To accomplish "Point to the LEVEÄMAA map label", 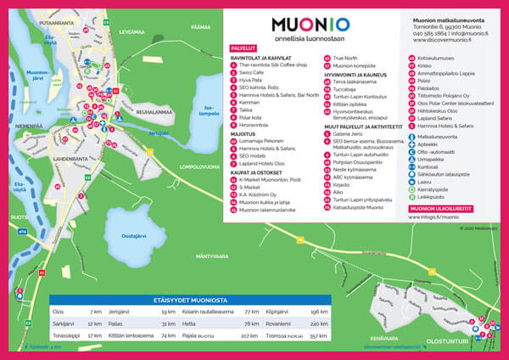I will coord(133,31).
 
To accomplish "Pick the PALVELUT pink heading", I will coord(243,50).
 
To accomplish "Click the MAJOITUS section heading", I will coord(244,132).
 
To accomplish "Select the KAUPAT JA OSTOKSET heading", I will coord(260,173).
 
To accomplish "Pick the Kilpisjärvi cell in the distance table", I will coord(279,312).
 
